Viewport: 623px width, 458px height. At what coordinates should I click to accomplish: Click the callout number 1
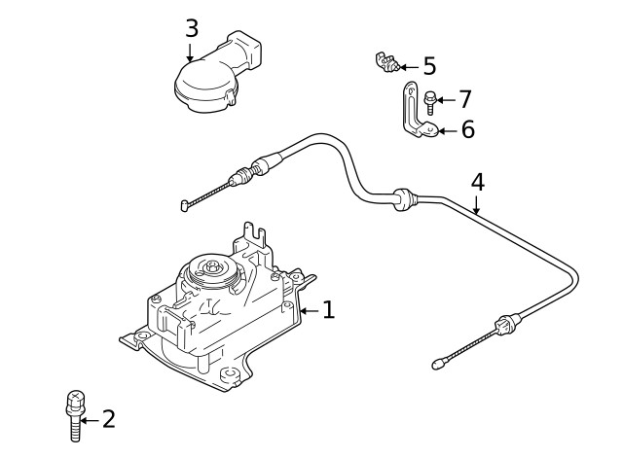(328, 310)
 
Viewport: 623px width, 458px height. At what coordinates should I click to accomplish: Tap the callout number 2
(108, 419)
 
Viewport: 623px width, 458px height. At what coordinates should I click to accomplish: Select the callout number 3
(192, 27)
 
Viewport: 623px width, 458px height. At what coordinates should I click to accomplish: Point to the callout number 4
(476, 181)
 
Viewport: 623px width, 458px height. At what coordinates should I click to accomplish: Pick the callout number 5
(428, 67)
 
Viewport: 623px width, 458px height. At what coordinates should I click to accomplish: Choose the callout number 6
(467, 129)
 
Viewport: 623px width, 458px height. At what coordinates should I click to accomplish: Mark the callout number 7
(464, 98)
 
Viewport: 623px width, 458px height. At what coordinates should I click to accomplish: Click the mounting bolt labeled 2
(72, 413)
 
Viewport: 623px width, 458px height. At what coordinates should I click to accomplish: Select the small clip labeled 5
(386, 64)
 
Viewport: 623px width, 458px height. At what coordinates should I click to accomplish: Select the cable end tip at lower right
(438, 366)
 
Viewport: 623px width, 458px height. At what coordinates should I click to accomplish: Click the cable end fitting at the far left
(186, 204)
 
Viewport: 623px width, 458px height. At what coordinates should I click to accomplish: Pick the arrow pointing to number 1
(309, 310)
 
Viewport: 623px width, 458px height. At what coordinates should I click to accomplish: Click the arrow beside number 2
(89, 419)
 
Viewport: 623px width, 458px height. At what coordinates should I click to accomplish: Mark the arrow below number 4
(476, 203)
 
